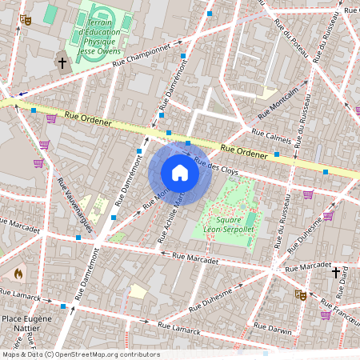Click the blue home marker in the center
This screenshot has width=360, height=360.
pyautogui.click(x=180, y=173)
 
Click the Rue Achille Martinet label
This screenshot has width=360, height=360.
pyautogui.click(x=173, y=217)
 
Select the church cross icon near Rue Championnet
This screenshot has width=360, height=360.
pyautogui.click(x=62, y=62)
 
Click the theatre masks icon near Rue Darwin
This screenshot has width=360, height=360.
pyautogui.click(x=302, y=294)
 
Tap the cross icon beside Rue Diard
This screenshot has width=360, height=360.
pyautogui.click(x=336, y=272)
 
